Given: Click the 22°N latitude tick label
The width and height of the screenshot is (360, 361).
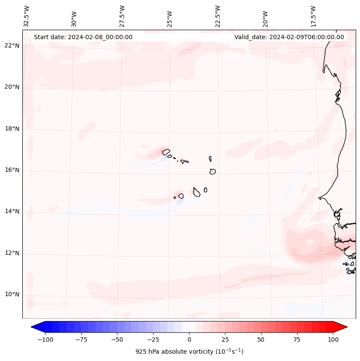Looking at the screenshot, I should click(x=12, y=46).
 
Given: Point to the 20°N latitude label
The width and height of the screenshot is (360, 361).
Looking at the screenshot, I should click(x=12, y=87).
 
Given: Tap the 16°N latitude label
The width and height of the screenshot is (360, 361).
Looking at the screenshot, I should click(x=12, y=170).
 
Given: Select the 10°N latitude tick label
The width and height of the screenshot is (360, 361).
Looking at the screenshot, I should click(x=12, y=294).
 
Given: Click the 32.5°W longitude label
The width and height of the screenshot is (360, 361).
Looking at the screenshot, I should click(x=27, y=16).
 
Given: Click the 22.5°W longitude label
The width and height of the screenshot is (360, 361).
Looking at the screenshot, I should click(x=218, y=16).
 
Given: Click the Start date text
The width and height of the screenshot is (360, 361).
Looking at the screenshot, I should click(x=83, y=37).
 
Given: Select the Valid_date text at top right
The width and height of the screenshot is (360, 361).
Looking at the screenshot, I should click(x=289, y=37).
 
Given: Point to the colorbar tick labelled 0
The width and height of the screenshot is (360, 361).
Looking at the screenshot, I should click(x=189, y=339).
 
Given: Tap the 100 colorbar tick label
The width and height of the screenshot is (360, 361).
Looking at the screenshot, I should click(x=333, y=339).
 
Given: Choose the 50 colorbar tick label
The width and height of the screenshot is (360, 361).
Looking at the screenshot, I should click(x=261, y=339).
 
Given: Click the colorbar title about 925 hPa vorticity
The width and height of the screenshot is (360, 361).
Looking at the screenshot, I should click(x=189, y=352).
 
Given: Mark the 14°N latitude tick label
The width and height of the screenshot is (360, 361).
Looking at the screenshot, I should click(x=12, y=211).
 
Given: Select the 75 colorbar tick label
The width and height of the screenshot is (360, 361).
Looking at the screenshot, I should click(x=297, y=339).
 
